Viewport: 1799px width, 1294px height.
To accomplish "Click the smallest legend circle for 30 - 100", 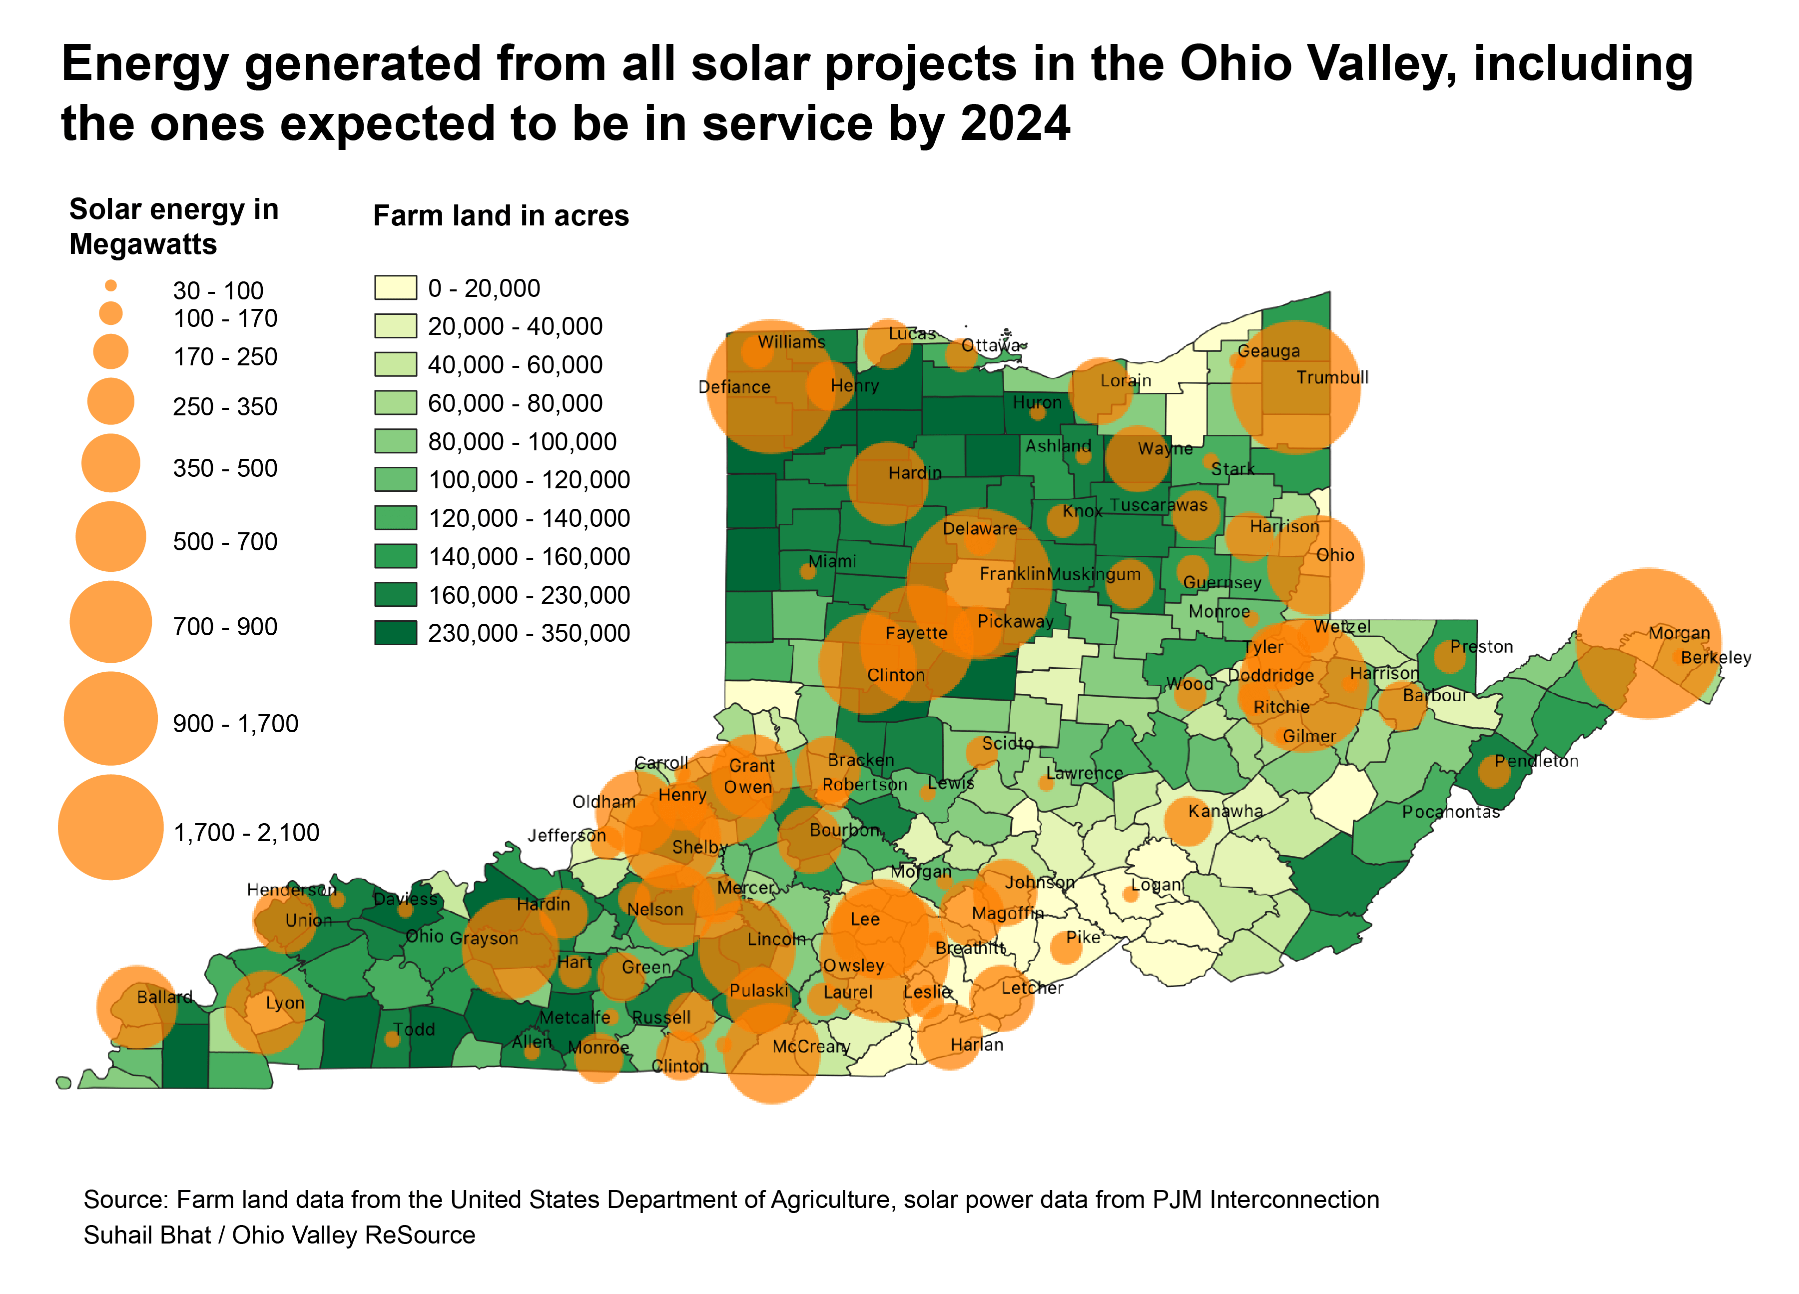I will (x=111, y=285).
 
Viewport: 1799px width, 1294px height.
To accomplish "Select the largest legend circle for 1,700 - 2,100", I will (x=111, y=828).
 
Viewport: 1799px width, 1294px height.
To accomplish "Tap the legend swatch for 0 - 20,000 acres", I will (x=395, y=287).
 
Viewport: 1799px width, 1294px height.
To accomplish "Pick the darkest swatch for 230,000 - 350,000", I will (x=395, y=633).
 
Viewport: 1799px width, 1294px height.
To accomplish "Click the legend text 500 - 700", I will (x=225, y=542).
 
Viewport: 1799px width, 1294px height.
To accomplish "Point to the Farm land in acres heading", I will (x=501, y=216).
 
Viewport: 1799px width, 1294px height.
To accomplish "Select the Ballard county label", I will (x=164, y=997).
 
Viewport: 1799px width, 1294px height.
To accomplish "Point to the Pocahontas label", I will (x=1451, y=812).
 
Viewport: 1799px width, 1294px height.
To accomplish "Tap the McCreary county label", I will (x=811, y=1047).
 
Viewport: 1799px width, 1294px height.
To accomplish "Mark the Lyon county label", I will (x=284, y=1003).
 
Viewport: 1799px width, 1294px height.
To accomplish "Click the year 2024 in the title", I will (x=1015, y=124).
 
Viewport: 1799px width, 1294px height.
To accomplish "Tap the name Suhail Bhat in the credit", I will (x=147, y=1236).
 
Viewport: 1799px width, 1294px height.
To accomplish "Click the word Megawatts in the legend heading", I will (x=143, y=244).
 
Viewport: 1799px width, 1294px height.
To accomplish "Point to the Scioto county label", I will (x=1007, y=743).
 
